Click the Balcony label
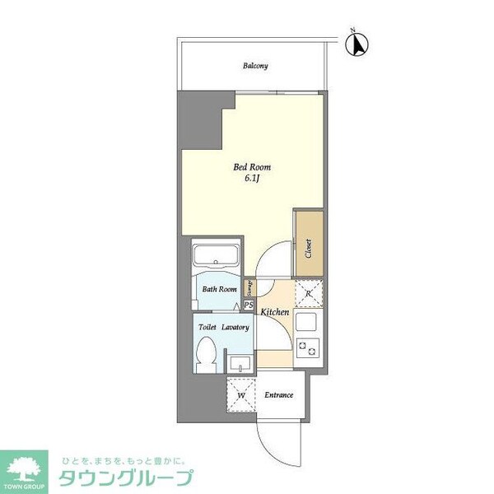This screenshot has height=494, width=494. click(255, 66)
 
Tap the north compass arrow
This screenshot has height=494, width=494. click(358, 44)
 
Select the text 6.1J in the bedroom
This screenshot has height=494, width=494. click(252, 180)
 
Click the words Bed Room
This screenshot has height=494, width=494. click(252, 167)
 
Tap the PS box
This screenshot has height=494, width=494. click(248, 305)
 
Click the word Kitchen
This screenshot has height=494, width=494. click(275, 312)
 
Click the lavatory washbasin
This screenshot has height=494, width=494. click(240, 362)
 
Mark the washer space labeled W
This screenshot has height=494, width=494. click(242, 395)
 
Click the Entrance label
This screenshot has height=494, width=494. click(278, 395)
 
